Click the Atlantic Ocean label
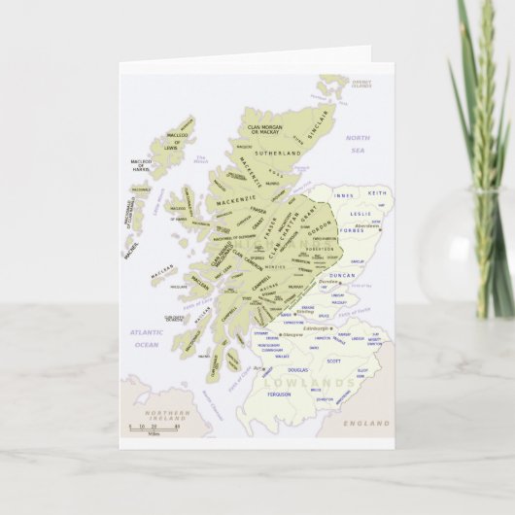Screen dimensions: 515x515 point(146,338)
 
